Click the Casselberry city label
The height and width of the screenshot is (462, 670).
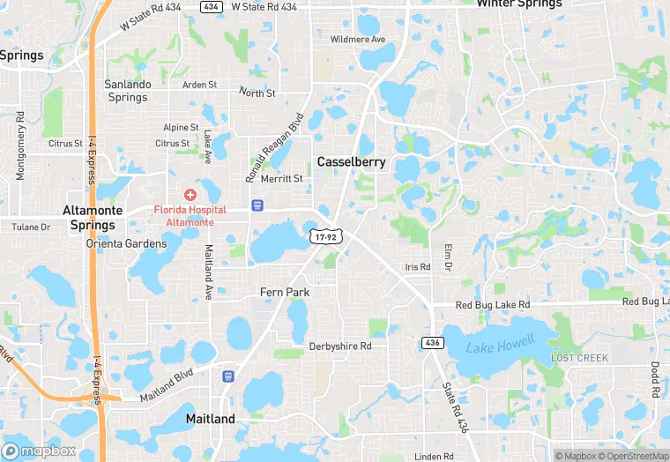point(351,162)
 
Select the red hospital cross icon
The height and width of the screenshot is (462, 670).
point(190,194)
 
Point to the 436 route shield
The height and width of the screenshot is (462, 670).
point(432,342)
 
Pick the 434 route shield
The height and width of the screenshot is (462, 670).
point(210,6)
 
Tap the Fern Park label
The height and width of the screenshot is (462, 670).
point(285,292)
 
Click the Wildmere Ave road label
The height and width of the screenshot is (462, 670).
point(358,40)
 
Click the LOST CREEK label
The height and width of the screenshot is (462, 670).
point(579,358)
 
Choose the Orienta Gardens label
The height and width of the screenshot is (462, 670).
point(126,243)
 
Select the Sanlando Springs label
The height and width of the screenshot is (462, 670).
point(128,91)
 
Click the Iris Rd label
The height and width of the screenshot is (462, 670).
point(418,267)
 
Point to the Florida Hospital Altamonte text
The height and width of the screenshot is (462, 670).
point(190,217)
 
